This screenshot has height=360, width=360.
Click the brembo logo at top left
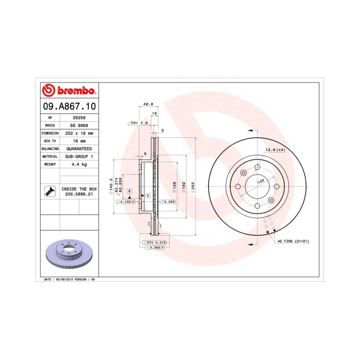[68, 91]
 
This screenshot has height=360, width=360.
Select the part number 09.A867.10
[68, 107]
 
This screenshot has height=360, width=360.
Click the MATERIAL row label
[50, 156]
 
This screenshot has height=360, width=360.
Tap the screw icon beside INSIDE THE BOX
[50, 191]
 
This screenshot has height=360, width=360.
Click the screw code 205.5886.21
[79, 194]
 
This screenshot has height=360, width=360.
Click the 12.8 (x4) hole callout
[275, 150]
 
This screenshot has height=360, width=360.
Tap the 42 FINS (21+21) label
[293, 241]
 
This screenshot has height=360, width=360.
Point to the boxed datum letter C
[148, 195]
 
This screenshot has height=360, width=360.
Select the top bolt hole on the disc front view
[257, 167]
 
